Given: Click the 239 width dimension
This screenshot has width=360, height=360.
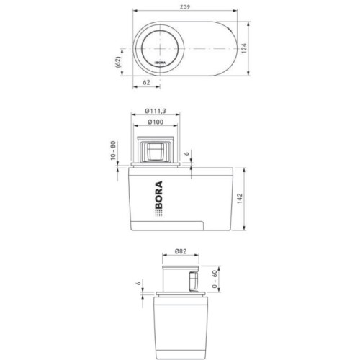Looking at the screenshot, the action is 185,6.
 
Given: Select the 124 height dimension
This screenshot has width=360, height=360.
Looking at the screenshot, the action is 243,48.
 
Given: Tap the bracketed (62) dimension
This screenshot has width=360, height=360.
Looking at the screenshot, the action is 117,62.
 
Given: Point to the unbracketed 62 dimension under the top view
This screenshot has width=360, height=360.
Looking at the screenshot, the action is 146,82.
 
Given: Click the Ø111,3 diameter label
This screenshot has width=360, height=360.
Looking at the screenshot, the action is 156,111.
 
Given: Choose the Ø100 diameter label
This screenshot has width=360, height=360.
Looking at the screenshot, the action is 156,122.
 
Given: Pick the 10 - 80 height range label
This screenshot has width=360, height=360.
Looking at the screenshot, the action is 113,150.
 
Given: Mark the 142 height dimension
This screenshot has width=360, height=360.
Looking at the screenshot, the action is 240,199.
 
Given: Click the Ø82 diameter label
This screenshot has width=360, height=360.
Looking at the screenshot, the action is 181,251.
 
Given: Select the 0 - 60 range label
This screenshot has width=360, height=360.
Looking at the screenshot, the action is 215,279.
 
